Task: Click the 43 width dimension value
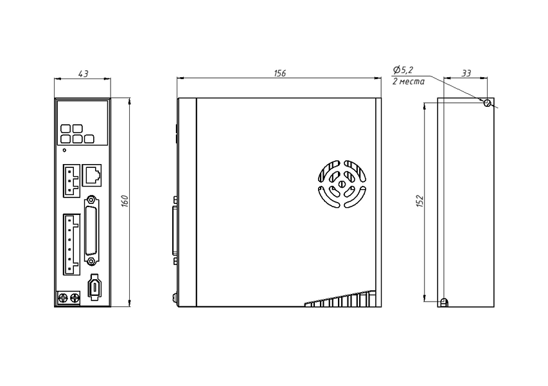coord(83,74)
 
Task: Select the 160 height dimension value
coord(125,201)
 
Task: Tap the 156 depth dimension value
coord(279,73)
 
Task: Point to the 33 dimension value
coord(466,73)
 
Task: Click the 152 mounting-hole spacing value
coord(420,201)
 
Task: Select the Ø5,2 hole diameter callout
coord(403,70)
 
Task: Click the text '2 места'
coord(409,82)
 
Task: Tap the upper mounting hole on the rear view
coord(487,103)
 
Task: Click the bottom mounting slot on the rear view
coord(444,302)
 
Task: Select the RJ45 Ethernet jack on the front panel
coord(92,175)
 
